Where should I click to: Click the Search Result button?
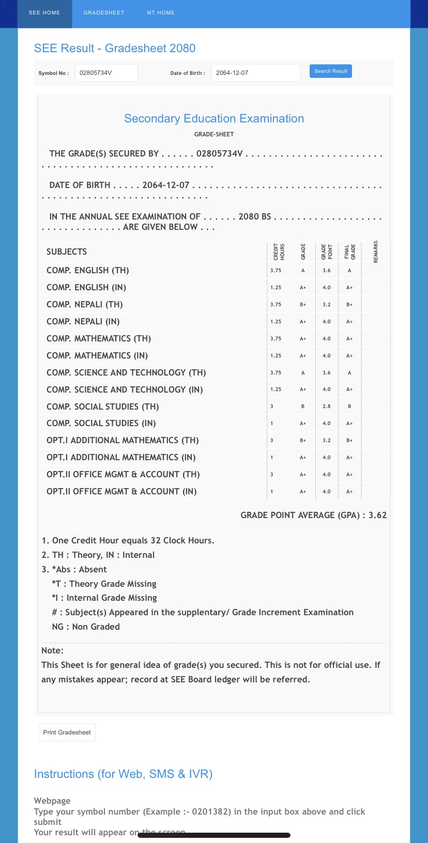331,71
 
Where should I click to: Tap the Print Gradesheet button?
67,732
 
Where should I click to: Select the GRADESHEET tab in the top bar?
104,13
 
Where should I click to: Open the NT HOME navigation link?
161,13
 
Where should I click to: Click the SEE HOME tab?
44,13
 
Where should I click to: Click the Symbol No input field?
106,73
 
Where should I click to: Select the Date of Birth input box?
255,73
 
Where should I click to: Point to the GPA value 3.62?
377,515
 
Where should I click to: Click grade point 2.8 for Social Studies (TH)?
327,407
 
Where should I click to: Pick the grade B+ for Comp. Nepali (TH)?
303,305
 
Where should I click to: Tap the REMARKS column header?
376,252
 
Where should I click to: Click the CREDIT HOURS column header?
279,252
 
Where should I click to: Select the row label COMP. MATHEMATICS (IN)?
97,355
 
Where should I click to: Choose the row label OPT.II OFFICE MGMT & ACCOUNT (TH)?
123,474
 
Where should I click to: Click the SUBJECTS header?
67,252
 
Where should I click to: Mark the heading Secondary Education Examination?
214,119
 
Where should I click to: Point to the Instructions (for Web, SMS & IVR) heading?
123,774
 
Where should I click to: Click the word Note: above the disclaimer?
52,650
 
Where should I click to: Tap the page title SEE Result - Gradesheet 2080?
115,49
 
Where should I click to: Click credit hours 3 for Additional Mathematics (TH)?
272,441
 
